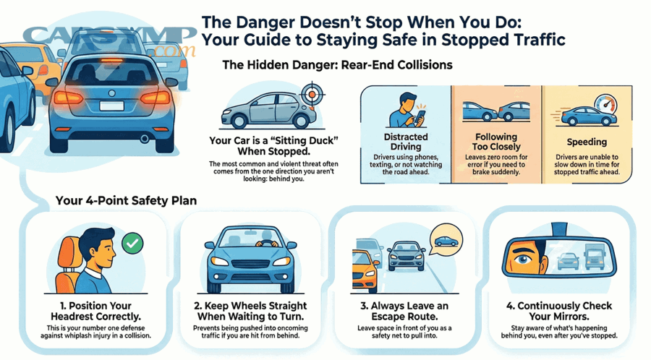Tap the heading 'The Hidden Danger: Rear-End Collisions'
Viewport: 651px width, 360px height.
pos(337,65)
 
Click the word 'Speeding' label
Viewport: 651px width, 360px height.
pos(587,142)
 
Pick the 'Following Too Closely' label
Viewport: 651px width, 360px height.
pos(496,142)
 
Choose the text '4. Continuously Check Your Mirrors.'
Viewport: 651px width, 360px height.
pos(559,312)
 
